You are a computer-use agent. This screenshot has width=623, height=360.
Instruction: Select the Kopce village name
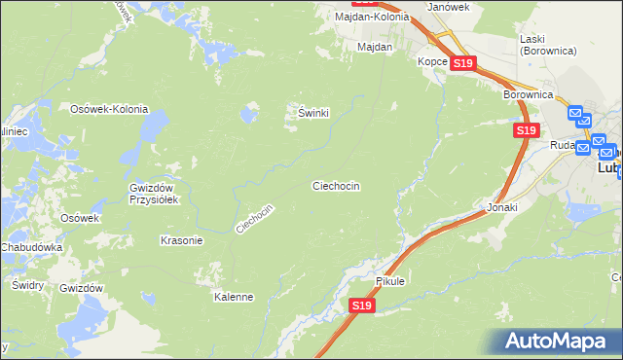(x=432, y=61)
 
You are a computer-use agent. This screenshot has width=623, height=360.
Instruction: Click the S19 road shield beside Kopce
(x=462, y=63)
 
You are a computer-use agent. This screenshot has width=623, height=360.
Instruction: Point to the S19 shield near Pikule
(x=361, y=306)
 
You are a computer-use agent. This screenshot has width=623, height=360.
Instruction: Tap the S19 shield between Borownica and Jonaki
(x=526, y=129)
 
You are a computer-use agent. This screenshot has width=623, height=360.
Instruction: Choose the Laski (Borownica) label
(x=544, y=43)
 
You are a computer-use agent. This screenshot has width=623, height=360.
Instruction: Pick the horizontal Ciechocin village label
(x=337, y=185)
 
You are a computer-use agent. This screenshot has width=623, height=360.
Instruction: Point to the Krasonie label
(x=181, y=239)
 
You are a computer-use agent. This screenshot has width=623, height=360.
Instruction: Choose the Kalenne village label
(x=234, y=297)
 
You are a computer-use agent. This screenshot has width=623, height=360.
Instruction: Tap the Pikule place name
(x=389, y=281)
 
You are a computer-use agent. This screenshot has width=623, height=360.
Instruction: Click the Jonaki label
(x=501, y=208)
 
